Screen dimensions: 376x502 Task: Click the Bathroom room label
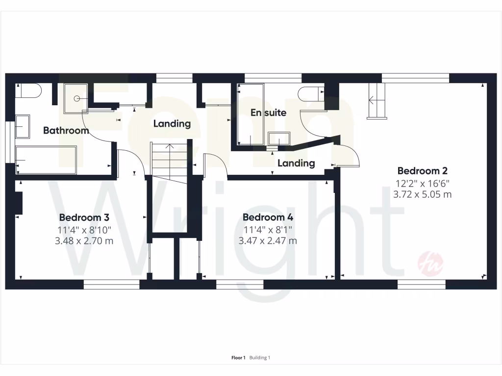click(66, 131)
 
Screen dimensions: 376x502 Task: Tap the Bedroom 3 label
click(84, 217)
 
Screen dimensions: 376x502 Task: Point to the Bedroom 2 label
click(422, 171)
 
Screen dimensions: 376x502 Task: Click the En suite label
click(268, 113)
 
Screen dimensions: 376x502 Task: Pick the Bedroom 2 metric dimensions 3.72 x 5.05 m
click(422, 194)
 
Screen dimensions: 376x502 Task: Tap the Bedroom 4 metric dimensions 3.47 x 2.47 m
click(268, 241)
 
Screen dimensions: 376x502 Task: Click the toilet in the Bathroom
click(30, 91)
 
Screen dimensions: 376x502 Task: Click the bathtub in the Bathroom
click(47, 160)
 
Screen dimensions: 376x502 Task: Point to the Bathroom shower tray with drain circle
click(76, 97)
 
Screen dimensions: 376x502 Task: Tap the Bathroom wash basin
click(23, 126)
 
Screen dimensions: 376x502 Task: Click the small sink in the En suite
click(279, 140)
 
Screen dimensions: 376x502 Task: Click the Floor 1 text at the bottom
click(238, 358)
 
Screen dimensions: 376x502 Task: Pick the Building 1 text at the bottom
click(260, 358)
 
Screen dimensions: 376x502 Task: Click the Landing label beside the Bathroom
click(172, 124)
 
